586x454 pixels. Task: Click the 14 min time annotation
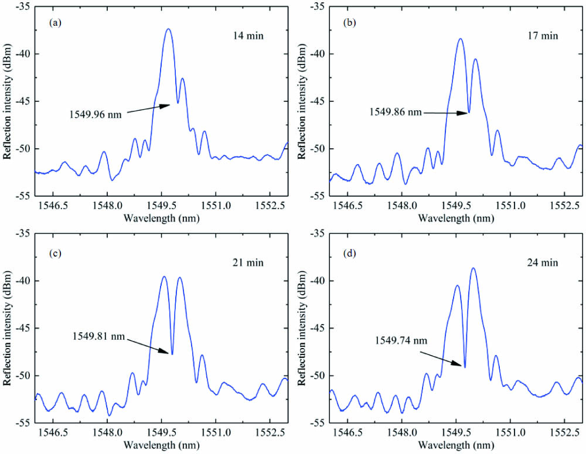click(x=247, y=36)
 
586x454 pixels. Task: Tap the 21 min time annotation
click(x=247, y=262)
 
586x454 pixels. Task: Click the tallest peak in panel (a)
click(x=168, y=29)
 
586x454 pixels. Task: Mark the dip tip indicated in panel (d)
click(x=465, y=367)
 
